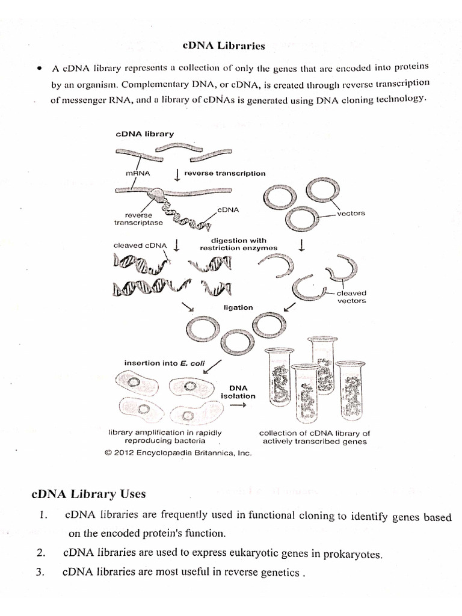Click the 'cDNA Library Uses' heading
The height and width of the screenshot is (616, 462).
coord(88,494)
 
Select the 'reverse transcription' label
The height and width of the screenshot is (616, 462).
coord(224,173)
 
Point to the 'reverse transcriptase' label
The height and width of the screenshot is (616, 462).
coord(139,218)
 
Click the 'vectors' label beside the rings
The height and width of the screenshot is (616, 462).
coord(351,214)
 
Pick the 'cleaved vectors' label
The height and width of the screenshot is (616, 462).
coord(352,297)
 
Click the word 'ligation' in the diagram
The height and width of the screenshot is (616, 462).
coord(238,307)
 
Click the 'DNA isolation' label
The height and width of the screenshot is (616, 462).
coord(238,392)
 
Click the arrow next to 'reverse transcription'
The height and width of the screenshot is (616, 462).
coord(177,174)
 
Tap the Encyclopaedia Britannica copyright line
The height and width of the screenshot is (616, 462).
coord(177,453)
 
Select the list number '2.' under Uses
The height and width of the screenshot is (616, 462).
coord(41,553)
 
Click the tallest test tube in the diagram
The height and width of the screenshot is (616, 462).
coord(321,367)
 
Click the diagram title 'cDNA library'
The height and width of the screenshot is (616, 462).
coord(144,135)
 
